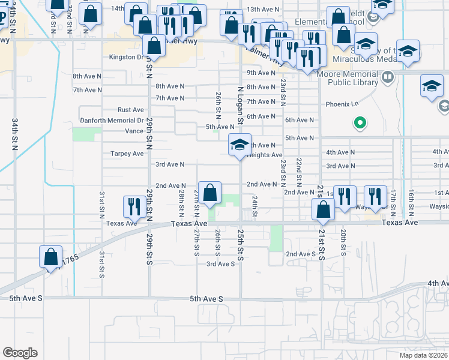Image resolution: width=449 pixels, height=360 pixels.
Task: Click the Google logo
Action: pyautogui.click(x=20, y=353)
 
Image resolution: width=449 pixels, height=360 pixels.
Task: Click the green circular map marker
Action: pyautogui.click(x=360, y=124)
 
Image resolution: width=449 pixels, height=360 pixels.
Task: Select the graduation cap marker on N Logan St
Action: pyautogui.click(x=239, y=145)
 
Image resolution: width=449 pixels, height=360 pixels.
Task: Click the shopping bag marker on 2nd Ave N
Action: pyautogui.click(x=210, y=193)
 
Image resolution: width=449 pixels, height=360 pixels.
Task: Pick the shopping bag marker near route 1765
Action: pyautogui.click(x=51, y=256)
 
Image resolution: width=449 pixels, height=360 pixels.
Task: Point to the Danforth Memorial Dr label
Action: pyautogui.click(x=112, y=121)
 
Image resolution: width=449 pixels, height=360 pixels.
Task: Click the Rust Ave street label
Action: pyautogui.click(x=131, y=110)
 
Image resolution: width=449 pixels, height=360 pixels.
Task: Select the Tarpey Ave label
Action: pyautogui.click(x=127, y=154)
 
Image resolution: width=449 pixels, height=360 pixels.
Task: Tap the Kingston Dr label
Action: pyautogui.click(x=126, y=58)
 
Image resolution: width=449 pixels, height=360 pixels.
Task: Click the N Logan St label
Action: pyautogui.click(x=240, y=105)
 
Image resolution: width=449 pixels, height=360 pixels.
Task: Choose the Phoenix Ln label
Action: pyautogui.click(x=342, y=104)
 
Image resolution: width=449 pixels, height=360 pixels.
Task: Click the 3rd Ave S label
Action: pyautogui.click(x=220, y=263)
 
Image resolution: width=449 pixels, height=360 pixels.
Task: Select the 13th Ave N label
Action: pyautogui.click(x=263, y=10)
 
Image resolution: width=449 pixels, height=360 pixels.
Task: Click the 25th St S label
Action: pyautogui.click(x=240, y=248)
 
